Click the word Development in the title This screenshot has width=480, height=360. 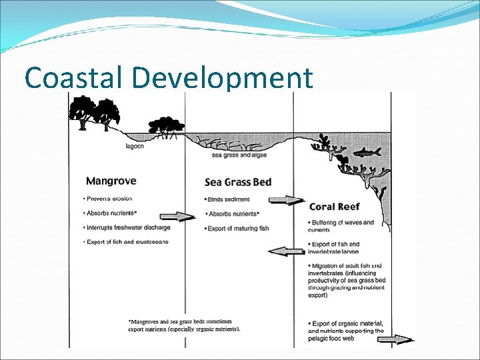(x=223, y=79)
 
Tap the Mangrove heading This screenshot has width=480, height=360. (x=111, y=181)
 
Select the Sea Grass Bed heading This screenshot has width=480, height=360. (x=238, y=182)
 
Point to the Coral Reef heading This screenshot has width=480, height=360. (x=335, y=206)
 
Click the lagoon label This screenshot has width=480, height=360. (x=136, y=146)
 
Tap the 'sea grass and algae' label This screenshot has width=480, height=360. (x=238, y=155)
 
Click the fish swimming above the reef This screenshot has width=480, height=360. (x=367, y=153)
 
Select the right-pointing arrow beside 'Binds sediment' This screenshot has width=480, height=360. (x=286, y=199)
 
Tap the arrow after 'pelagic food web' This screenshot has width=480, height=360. (x=395, y=339)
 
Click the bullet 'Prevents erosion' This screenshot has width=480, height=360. (x=108, y=199)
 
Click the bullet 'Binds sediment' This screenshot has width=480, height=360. (x=229, y=199)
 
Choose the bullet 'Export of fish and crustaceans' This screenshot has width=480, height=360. (x=127, y=241)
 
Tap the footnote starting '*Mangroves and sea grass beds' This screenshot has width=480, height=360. (x=184, y=325)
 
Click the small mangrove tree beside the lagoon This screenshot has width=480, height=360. (x=164, y=125)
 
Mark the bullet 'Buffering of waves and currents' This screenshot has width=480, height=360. (x=341, y=226)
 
